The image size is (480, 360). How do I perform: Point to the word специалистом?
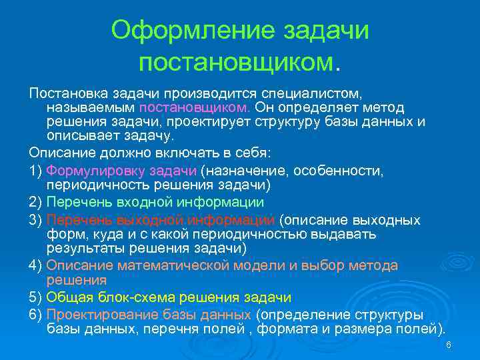(313, 93)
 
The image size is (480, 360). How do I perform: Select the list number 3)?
(36, 220)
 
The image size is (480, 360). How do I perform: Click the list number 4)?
(36, 265)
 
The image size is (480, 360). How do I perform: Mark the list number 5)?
(36, 297)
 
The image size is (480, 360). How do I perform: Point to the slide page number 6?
(449, 345)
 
